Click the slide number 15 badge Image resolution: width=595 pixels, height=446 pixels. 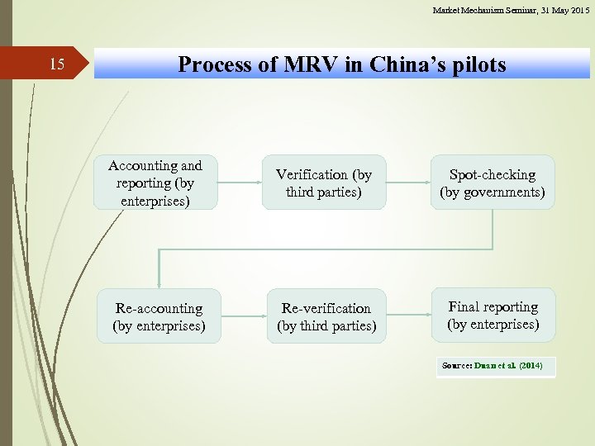(56, 64)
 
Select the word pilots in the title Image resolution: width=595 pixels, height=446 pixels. (478, 64)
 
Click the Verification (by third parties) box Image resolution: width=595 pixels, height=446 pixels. (324, 183)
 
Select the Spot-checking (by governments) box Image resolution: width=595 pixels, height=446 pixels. (493, 183)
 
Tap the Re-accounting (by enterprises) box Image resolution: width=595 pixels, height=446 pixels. (159, 316)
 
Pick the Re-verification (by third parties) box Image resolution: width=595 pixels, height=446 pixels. (326, 316)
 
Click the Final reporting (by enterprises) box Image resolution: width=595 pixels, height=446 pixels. (493, 315)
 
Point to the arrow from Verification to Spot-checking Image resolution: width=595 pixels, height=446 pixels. (409, 183)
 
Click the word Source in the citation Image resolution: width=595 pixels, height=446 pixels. (455, 365)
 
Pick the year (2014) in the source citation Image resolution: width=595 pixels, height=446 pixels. (530, 365)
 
